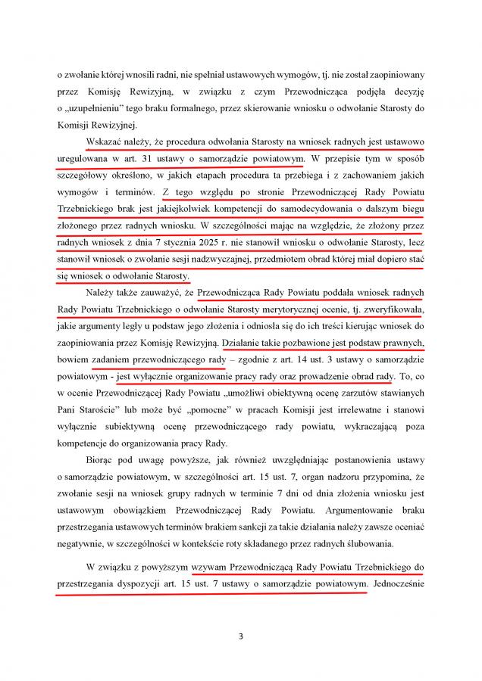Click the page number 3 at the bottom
tap(240, 636)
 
